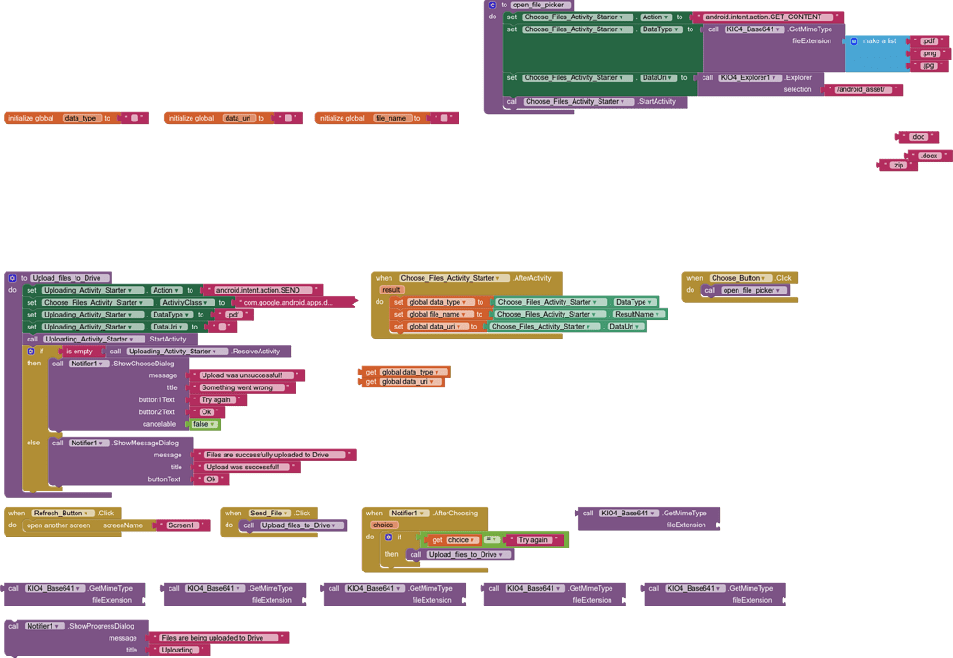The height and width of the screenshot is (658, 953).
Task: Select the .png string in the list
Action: coord(928,53)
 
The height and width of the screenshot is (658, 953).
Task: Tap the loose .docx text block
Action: coord(929,156)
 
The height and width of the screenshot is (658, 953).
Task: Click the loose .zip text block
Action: coord(898,166)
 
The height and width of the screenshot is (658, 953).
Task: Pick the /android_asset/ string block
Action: coord(864,89)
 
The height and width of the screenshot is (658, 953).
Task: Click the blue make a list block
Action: coord(877,41)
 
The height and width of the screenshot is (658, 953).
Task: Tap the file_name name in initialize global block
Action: coord(390,118)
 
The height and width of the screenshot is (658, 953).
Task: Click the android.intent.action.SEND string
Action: coord(262,290)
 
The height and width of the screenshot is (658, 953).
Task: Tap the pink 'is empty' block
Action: coord(79,352)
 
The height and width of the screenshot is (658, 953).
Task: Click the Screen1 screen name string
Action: coord(181,525)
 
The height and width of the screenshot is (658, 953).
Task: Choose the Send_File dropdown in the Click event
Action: coord(270,513)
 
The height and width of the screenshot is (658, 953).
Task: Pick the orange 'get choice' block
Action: coord(453,540)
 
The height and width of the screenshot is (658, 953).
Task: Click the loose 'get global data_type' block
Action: coord(405,372)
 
